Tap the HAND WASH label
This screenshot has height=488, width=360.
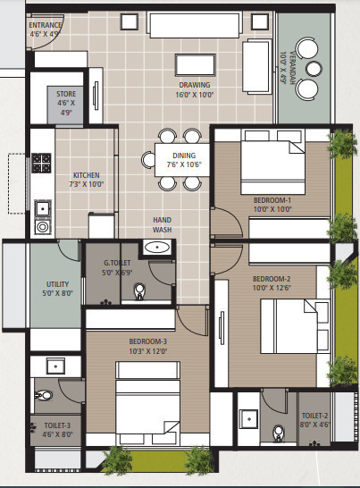coord(162,223)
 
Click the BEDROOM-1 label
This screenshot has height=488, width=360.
coord(272,205)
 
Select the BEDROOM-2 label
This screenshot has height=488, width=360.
coord(271,284)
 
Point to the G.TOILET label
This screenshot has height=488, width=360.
coord(118,267)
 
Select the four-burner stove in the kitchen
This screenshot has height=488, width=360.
coord(41,164)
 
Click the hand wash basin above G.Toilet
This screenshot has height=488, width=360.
coord(158,248)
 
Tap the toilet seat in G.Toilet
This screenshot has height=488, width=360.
coord(139,291)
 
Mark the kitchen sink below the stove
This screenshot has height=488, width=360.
coord(41,209)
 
